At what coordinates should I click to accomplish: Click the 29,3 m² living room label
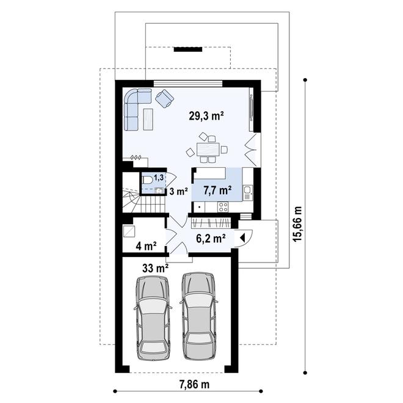pyautogui.click(x=206, y=116)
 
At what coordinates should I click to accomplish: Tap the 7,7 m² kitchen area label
pyautogui.click(x=217, y=191)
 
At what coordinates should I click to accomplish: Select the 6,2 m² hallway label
pyautogui.click(x=211, y=238)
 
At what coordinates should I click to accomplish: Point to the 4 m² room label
pyautogui.click(x=147, y=246)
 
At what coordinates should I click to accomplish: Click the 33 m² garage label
pyautogui.click(x=156, y=269)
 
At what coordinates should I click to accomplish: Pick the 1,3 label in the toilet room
pyautogui.click(x=159, y=178)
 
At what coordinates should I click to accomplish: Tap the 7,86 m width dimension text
pyautogui.click(x=194, y=385)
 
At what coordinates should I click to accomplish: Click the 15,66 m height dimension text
pyautogui.click(x=298, y=224)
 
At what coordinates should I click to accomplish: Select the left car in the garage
pyautogui.click(x=153, y=318)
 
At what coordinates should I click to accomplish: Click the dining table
pyautogui.click(x=208, y=150)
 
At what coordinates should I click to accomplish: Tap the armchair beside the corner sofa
pyautogui.click(x=164, y=98)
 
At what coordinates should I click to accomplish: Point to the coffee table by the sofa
pyautogui.click(x=148, y=119)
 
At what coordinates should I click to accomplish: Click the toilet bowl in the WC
pyautogui.click(x=147, y=180)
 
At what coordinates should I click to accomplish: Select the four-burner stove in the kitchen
pyautogui.click(x=223, y=207)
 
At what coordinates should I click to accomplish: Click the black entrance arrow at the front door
pyautogui.click(x=242, y=238)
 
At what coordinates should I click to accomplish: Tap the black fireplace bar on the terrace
pyautogui.click(x=187, y=49)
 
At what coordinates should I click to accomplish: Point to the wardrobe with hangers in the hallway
pyautogui.click(x=211, y=223)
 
